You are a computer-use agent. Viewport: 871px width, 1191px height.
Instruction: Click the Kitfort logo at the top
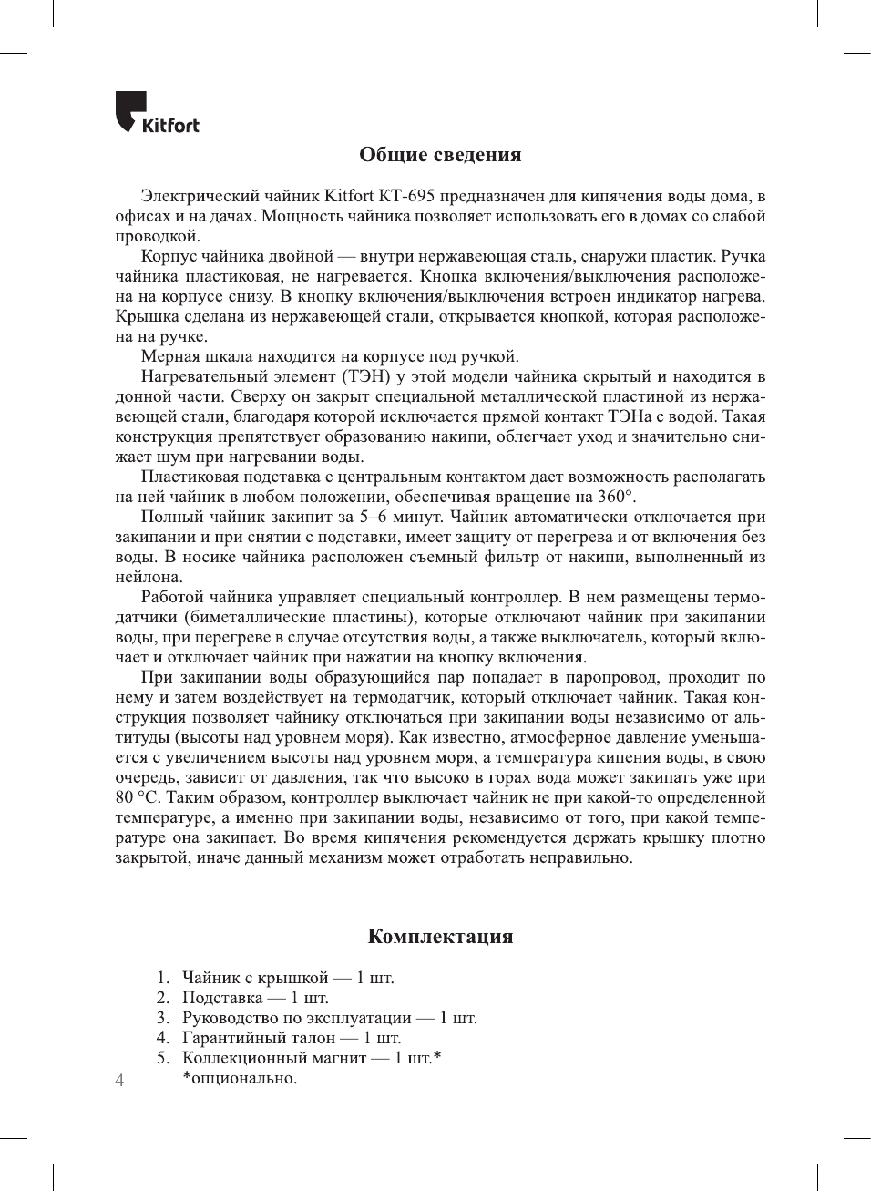pyautogui.click(x=157, y=114)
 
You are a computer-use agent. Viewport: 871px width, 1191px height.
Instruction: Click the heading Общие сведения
pyautogui.click(x=440, y=155)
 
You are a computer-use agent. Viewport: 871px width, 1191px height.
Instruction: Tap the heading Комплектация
pyautogui.click(x=440, y=937)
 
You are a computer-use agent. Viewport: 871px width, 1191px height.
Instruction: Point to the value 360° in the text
pyautogui.click(x=615, y=497)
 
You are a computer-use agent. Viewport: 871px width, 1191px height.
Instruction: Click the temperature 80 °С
pyautogui.click(x=138, y=797)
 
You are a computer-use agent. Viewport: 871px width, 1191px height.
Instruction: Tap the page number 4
pyautogui.click(x=119, y=1080)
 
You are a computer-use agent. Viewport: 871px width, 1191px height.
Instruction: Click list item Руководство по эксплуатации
pyautogui.click(x=329, y=1018)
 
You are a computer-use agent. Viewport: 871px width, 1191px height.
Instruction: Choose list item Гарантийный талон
pyautogui.click(x=291, y=1038)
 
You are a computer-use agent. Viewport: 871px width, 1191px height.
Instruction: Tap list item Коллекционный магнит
pyautogui.click(x=311, y=1058)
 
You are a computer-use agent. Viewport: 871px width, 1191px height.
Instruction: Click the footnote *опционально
pyautogui.click(x=240, y=1078)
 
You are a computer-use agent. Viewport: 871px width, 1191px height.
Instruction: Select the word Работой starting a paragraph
pyautogui.click(x=171, y=597)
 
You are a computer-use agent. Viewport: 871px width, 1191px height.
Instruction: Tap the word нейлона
pyautogui.click(x=149, y=577)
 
